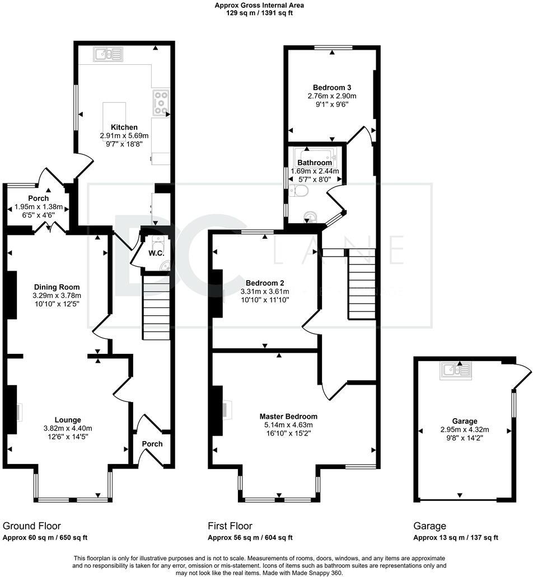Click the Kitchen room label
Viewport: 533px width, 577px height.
pyautogui.click(x=124, y=127)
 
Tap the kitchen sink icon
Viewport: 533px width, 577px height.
pyautogui.click(x=108, y=54)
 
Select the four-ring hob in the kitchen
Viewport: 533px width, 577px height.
pyautogui.click(x=161, y=102)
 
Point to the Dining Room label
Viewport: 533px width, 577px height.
pyautogui.click(x=57, y=287)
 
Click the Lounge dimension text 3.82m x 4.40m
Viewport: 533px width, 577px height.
pyautogui.click(x=68, y=428)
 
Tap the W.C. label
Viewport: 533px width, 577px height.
pyautogui.click(x=156, y=253)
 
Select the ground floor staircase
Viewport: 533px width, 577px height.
pyautogui.click(x=156, y=308)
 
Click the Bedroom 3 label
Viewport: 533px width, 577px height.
pyautogui.click(x=332, y=88)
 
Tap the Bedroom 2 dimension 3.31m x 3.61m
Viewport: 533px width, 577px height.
pyautogui.click(x=265, y=291)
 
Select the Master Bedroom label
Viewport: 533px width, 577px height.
pyautogui.click(x=288, y=417)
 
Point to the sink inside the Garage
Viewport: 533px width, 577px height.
pyautogui.click(x=456, y=371)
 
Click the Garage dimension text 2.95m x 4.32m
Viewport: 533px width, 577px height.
pyautogui.click(x=465, y=429)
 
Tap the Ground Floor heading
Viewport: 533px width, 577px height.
pyautogui.click(x=32, y=526)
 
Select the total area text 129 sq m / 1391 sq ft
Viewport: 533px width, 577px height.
pyautogui.click(x=259, y=13)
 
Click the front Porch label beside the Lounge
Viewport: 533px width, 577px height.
pyautogui.click(x=152, y=444)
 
